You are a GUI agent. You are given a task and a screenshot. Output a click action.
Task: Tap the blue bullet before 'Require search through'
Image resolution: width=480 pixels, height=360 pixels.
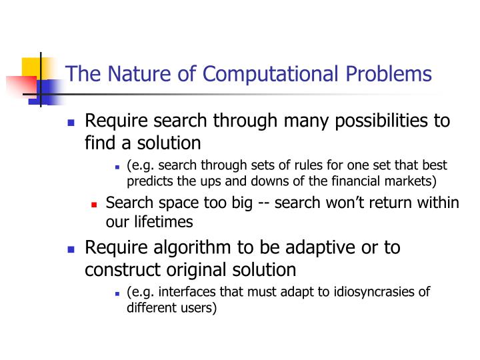click(73, 123)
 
